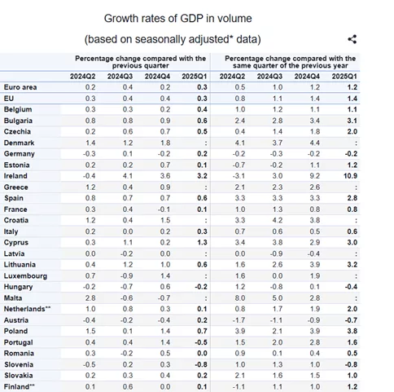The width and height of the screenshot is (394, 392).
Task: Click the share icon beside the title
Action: [352, 39]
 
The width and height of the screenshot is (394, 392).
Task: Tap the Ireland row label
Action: [15, 176]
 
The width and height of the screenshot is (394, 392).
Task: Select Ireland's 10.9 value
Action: [350, 176]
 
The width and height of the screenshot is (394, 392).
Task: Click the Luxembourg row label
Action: [25, 276]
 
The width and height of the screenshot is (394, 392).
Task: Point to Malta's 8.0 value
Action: [240, 298]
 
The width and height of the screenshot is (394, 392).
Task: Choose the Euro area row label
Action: [20, 87]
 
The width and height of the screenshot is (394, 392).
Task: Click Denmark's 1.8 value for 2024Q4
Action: [165, 143]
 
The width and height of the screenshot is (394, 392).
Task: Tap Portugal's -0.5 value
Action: [201, 342]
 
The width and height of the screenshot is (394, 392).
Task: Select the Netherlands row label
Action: [27, 309]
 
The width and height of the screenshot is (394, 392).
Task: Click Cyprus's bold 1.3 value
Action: [202, 243]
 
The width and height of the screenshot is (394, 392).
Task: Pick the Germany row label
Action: [20, 154]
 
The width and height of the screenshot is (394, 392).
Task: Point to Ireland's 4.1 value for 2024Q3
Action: [128, 176]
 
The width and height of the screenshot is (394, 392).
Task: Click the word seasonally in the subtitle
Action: [160, 39]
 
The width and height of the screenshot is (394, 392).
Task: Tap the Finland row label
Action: [20, 386]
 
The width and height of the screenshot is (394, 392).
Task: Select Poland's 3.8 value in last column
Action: [352, 331]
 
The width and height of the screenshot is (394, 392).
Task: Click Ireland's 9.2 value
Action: [315, 176]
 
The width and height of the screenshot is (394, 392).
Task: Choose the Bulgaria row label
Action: [18, 121]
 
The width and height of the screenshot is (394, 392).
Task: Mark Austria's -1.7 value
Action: [239, 320]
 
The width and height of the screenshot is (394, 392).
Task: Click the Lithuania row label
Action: [20, 265]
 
